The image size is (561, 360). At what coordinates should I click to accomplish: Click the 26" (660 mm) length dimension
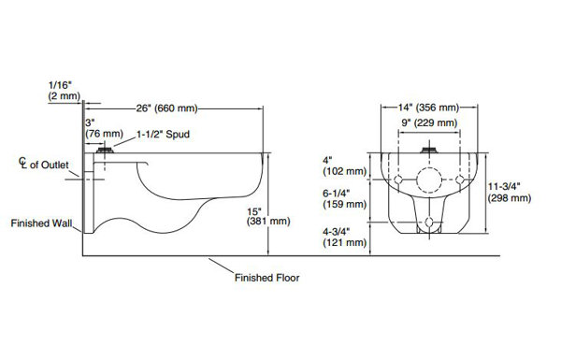(166, 108)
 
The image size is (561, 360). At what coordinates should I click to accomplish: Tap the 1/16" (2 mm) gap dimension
(65, 90)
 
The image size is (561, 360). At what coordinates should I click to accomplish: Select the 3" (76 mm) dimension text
(104, 128)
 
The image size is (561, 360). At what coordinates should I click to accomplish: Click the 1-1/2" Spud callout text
(163, 135)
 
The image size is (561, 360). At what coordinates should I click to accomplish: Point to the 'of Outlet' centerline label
(49, 165)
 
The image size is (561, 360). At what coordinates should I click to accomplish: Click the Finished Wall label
(41, 223)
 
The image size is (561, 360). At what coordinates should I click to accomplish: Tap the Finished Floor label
(266, 278)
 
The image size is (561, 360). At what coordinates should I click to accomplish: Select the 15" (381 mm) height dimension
(268, 216)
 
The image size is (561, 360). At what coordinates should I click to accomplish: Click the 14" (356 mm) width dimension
(428, 107)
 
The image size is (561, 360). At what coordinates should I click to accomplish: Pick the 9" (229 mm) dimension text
(429, 123)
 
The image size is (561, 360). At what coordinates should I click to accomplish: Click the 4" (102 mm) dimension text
(345, 166)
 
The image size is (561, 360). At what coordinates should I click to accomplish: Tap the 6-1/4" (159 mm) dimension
(345, 199)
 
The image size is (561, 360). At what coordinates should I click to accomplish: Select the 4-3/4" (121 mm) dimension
(345, 238)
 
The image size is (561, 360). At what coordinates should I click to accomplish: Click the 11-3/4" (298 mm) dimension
(510, 193)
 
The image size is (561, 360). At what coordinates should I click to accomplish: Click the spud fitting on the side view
(105, 150)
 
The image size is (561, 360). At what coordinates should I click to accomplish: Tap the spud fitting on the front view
(429, 150)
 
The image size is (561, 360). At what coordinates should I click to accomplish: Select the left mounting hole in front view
(398, 180)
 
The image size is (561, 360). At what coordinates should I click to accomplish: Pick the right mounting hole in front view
(460, 180)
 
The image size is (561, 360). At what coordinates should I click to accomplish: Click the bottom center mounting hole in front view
(429, 223)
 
